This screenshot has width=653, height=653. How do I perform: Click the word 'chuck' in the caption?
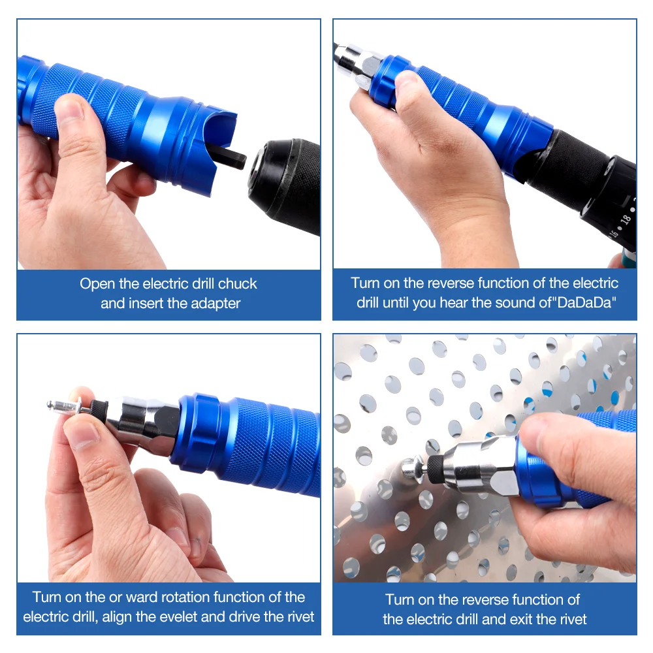[x=238, y=284]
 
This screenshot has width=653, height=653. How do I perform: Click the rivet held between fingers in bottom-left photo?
[x=65, y=407]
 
